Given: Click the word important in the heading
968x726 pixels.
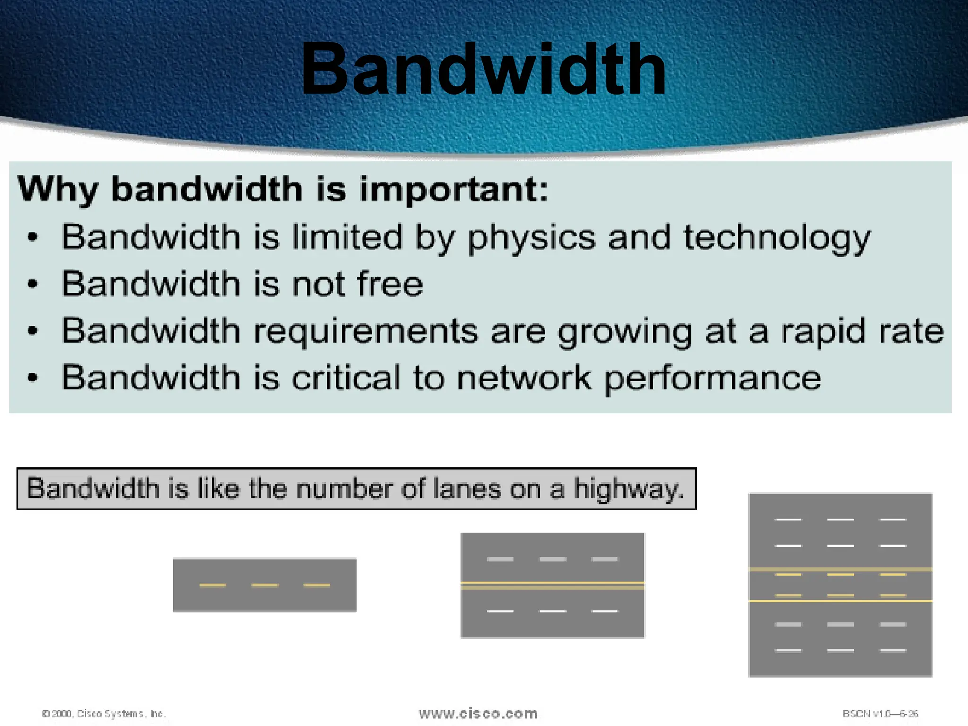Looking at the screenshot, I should [x=453, y=190].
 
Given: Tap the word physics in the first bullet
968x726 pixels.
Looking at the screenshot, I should [x=531, y=238].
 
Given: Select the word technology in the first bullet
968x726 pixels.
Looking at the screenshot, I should [x=777, y=238].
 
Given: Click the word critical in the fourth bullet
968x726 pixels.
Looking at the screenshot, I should [x=346, y=378].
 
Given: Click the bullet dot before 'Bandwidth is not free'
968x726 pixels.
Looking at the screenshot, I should [x=32, y=284].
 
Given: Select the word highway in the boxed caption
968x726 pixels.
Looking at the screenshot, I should [x=628, y=489].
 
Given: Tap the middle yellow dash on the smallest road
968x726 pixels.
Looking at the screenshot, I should [x=265, y=585].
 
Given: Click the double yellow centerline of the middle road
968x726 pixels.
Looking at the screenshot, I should [x=553, y=586].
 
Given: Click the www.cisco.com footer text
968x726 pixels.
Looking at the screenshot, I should [x=478, y=713].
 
